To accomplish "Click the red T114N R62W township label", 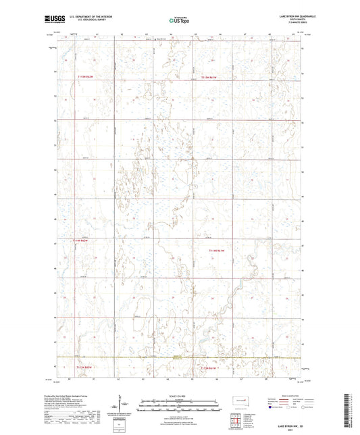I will pyautogui.click(x=82, y=240).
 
